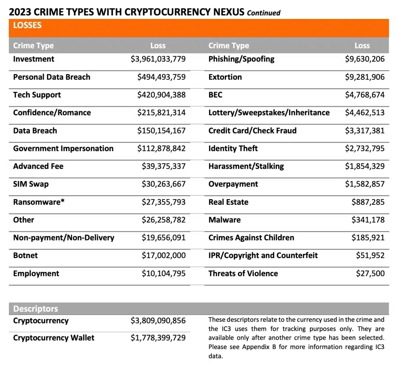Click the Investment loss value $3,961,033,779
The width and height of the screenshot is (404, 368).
pos(158,59)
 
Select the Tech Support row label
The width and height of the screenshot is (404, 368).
pos(37,95)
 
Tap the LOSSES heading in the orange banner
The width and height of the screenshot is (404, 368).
pos(27,25)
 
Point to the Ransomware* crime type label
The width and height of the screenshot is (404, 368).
pos(39,202)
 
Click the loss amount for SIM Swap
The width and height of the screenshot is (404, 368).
pos(163,184)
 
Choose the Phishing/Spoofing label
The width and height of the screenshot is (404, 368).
pos(241,59)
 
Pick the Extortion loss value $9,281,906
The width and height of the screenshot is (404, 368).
pos(364,77)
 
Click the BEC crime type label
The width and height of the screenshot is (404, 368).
pos(215,95)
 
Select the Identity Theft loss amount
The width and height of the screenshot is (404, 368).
pos(364,149)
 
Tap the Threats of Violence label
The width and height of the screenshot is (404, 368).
pos(243,273)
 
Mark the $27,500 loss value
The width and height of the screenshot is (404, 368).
pos(370,273)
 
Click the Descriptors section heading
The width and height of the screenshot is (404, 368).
pos(36,309)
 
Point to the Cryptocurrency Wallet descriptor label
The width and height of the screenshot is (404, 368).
pos(54,338)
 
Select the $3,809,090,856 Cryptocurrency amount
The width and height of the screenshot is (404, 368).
pos(158,321)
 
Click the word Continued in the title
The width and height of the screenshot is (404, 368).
pos(264,13)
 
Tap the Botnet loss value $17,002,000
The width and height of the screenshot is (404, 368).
pos(163,256)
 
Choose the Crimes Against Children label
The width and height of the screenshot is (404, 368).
pos(251,238)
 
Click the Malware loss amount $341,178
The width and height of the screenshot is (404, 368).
pos(368,220)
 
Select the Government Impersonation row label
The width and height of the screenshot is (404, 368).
pos(63,149)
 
